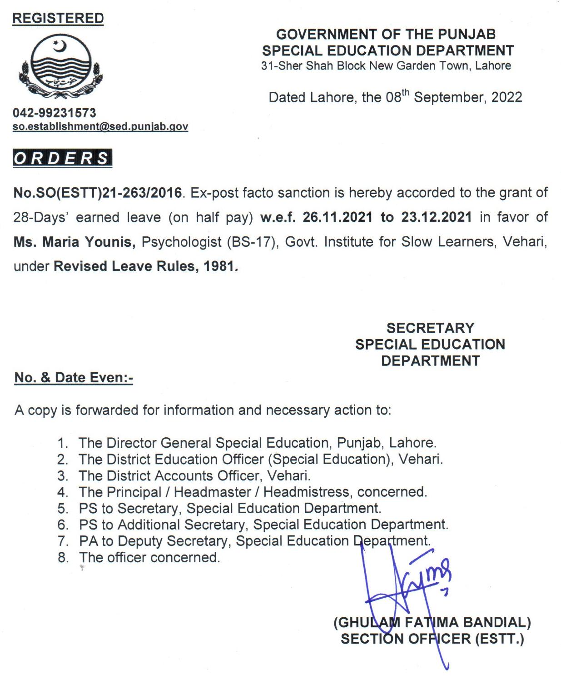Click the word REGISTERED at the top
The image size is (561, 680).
tap(58, 18)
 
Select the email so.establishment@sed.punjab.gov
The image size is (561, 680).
tap(100, 126)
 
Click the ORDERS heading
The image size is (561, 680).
tap(62, 158)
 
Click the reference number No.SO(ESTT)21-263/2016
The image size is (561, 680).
tap(98, 193)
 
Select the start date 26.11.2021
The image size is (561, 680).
tap(338, 217)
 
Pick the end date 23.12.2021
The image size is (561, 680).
tap(436, 217)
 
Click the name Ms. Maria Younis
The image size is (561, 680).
tap(74, 242)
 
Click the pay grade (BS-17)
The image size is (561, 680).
tap(252, 242)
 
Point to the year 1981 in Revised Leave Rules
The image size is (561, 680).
tap(218, 266)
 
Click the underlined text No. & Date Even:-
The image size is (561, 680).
tap(74, 377)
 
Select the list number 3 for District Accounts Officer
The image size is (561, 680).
tap(63, 476)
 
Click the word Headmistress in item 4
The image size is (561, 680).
tap(306, 492)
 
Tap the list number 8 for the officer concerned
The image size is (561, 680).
tap(63, 558)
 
